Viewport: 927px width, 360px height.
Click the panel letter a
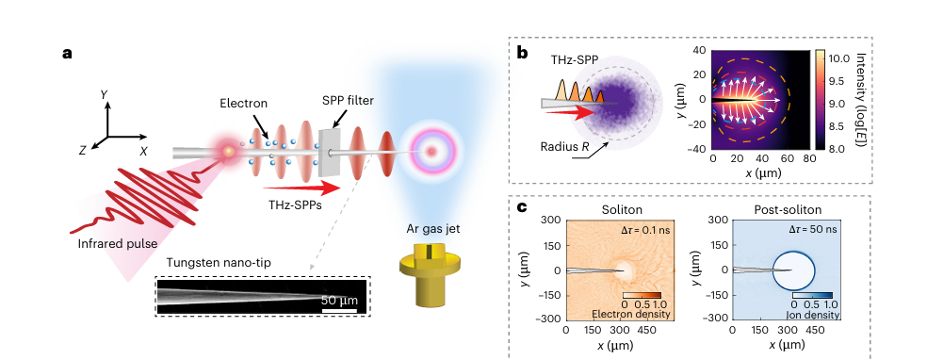[68, 53]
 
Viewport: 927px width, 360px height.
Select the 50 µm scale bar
[339, 310]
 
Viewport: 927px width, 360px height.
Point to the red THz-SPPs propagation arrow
[301, 188]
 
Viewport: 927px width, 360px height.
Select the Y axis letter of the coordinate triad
[105, 94]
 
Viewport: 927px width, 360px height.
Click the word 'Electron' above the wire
[244, 104]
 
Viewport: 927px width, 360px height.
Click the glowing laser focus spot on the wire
[228, 152]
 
